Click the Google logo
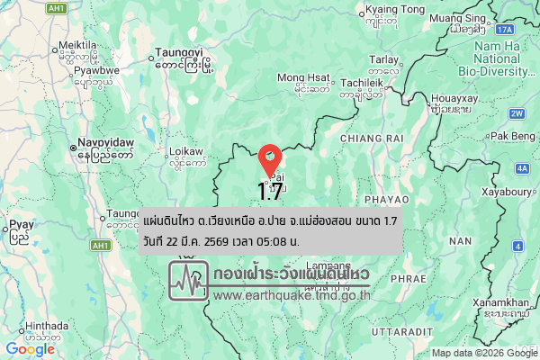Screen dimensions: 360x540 tap(30, 349)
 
